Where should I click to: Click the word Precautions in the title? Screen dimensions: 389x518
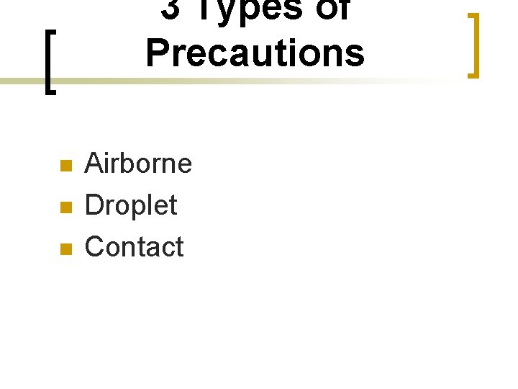(x=255, y=53)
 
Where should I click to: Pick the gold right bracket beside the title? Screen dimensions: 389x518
(x=473, y=45)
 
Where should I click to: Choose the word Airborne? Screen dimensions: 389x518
(x=138, y=164)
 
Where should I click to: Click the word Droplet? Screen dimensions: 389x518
(x=130, y=206)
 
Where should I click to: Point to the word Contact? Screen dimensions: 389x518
(x=134, y=247)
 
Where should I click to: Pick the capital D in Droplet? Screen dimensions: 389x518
(x=94, y=205)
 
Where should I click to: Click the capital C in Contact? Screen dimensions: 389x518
(x=94, y=247)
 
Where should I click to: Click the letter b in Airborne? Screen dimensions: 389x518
(x=129, y=164)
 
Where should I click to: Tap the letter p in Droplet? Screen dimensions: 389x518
(x=143, y=208)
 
